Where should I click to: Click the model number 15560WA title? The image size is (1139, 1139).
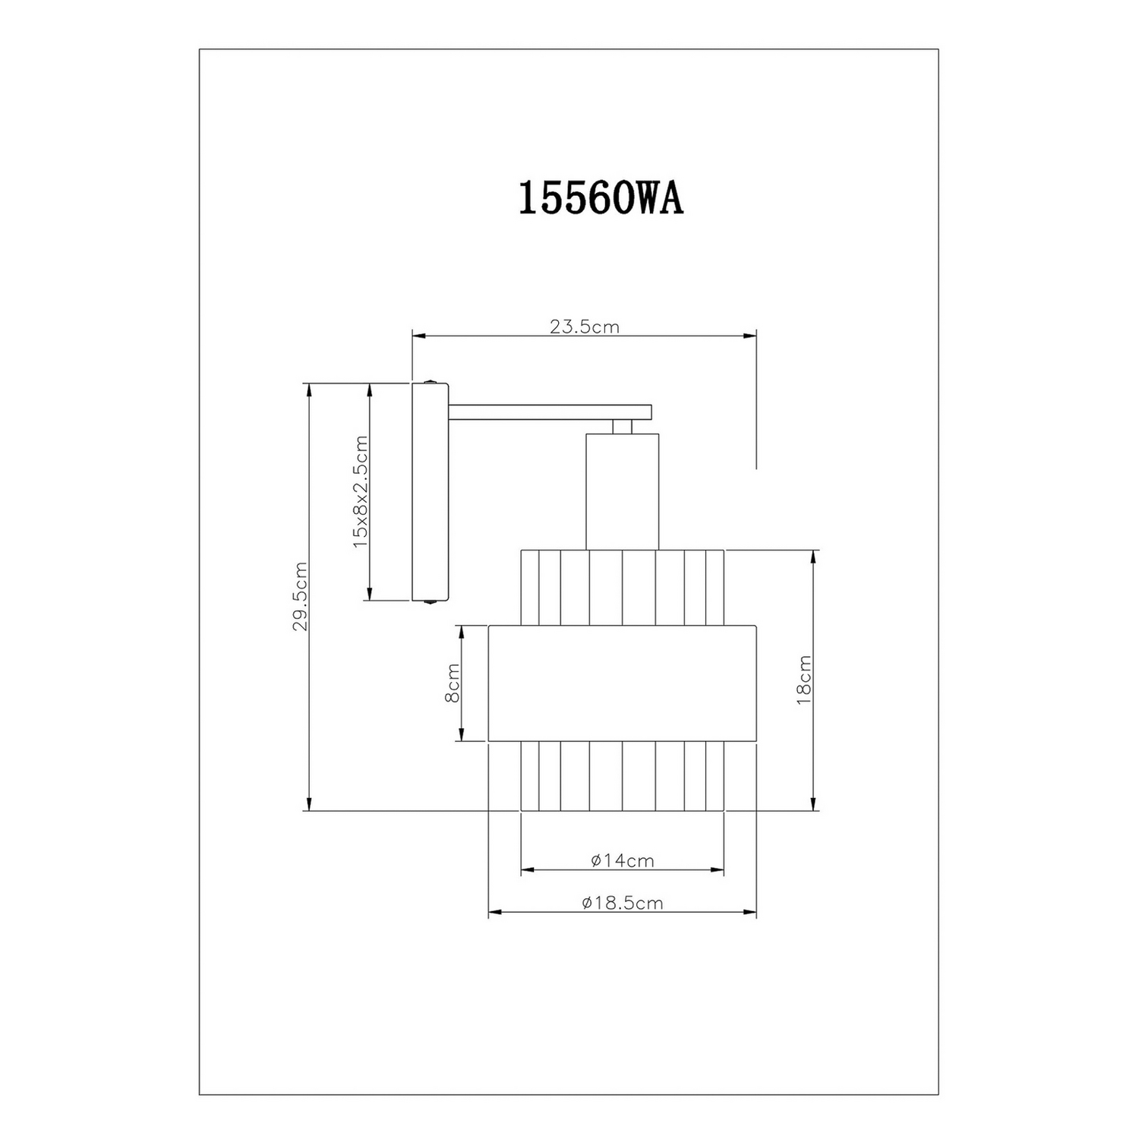click(601, 200)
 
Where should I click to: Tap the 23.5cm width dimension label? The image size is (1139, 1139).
click(584, 327)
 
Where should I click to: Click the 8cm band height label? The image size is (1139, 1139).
click(452, 683)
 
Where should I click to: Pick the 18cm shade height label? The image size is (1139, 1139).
click(804, 680)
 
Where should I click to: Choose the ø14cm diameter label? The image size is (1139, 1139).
click(622, 860)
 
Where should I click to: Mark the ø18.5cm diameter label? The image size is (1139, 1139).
click(622, 903)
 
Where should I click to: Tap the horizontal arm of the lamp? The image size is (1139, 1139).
click(550, 412)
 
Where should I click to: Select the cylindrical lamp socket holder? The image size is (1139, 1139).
click(622, 491)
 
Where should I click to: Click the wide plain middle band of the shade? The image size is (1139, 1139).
click(622, 683)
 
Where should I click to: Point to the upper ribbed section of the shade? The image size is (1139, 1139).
click(622, 587)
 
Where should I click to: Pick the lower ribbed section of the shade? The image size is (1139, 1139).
click(622, 776)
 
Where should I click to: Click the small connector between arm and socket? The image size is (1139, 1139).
click(622, 427)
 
